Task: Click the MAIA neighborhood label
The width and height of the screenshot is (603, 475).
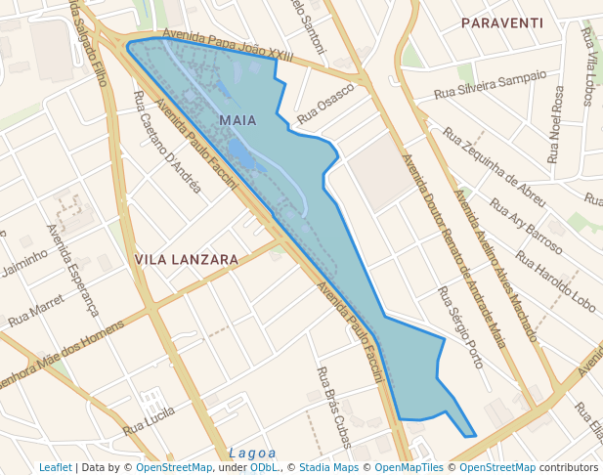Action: click(x=238, y=120)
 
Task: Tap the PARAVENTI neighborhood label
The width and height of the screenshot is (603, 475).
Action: click(x=501, y=22)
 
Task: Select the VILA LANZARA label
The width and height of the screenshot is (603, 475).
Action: click(x=187, y=260)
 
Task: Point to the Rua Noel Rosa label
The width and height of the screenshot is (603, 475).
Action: click(x=556, y=124)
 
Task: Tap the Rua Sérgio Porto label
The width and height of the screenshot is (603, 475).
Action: click(x=460, y=327)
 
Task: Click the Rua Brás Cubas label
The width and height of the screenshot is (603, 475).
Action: click(x=333, y=408)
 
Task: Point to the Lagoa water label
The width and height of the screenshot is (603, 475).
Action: click(x=253, y=453)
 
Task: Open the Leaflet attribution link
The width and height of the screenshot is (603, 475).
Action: click(x=55, y=468)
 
